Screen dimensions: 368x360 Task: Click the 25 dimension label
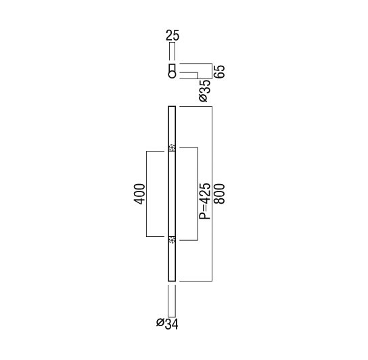[172, 35]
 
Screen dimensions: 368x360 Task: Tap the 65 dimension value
[219, 71]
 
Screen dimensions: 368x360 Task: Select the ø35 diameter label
[204, 91]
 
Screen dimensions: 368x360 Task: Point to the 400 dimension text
[139, 194]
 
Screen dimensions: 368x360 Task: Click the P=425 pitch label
[204, 201]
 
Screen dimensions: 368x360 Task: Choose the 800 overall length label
[219, 194]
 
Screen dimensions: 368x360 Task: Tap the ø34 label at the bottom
[167, 324]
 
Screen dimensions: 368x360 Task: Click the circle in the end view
[172, 74]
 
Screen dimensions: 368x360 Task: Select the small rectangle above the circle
[172, 68]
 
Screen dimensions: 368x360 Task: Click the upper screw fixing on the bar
[172, 148]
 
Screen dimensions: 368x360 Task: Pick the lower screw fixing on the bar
[172, 240]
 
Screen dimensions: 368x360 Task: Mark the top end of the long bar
[172, 107]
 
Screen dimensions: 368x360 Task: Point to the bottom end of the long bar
[172, 281]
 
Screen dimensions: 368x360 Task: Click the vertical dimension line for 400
[146, 194]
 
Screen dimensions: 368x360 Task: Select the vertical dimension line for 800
[212, 194]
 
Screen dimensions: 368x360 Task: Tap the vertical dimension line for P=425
[198, 194]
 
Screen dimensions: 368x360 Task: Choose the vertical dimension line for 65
[212, 71]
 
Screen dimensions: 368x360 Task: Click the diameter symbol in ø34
[160, 322]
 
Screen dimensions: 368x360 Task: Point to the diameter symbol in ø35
[204, 98]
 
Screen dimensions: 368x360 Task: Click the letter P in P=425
[204, 216]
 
